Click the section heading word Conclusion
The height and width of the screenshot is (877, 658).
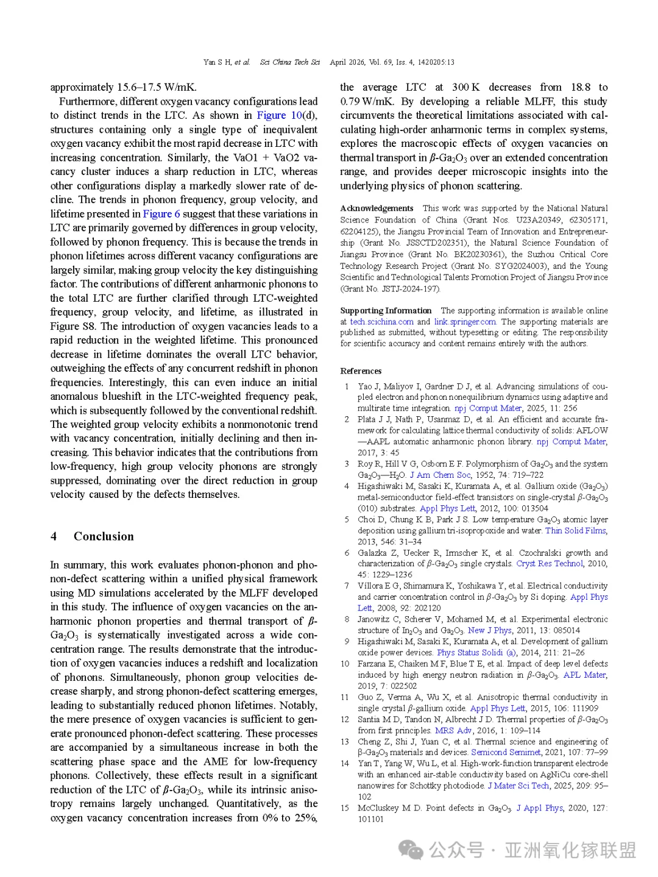104,536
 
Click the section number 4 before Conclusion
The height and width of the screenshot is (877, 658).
54,536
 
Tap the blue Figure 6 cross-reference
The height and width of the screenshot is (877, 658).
161,214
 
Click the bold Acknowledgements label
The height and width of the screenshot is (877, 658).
377,208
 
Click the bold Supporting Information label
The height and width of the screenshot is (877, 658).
386,311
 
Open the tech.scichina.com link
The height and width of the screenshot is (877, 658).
381,322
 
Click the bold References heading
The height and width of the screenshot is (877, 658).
361,371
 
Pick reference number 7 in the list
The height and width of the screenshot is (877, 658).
347,586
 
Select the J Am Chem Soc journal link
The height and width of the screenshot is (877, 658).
440,475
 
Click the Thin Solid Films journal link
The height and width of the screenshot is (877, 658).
576,531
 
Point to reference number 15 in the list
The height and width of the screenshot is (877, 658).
345,808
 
